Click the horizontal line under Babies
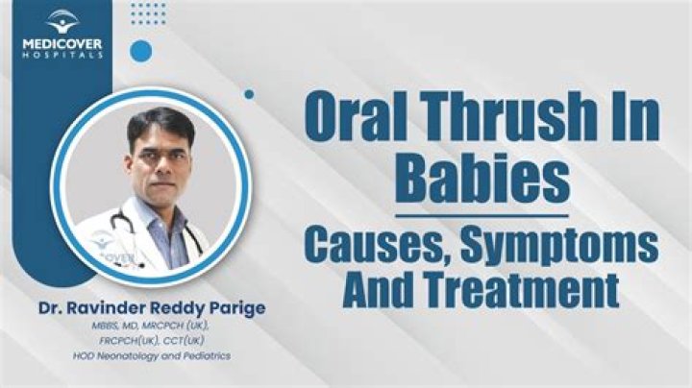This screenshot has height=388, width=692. (x=482, y=215)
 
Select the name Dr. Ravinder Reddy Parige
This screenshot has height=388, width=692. (x=149, y=309)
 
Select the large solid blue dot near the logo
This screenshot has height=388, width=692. (x=142, y=50)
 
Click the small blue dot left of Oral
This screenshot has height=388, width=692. (x=249, y=94)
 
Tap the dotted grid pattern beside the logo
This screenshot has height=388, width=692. (x=147, y=12)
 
